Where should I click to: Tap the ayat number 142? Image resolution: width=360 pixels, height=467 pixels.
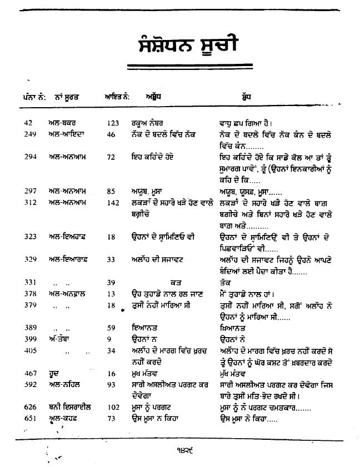tap(113, 203)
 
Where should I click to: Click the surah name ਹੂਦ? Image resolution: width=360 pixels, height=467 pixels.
tap(54, 374)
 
